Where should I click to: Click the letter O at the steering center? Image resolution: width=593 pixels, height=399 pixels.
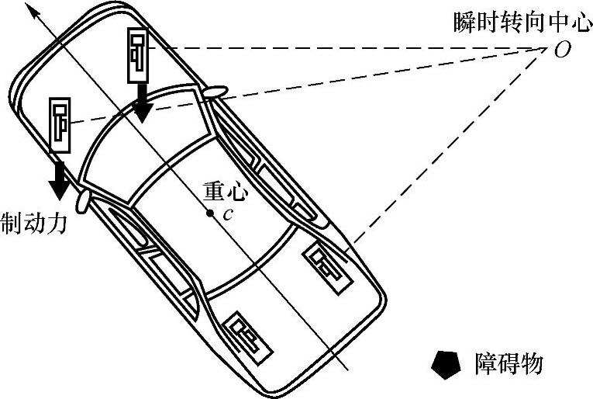(x=563, y=50)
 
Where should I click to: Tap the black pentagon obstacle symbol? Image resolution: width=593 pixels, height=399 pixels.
(x=446, y=363)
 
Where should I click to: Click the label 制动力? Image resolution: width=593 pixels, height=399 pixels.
(x=35, y=224)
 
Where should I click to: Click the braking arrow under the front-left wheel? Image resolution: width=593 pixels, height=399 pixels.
(x=57, y=178)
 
